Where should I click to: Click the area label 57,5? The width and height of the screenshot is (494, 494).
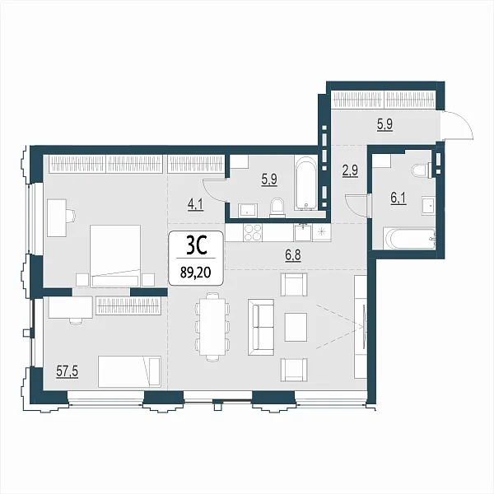coord(68,372)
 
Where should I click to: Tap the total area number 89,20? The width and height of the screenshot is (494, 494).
coord(196,272)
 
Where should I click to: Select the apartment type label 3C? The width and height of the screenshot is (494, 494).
coord(196,245)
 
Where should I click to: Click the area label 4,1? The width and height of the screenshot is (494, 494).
coord(195,205)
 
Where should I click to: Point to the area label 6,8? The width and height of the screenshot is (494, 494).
coord(293,255)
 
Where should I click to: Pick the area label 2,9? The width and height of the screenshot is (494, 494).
coord(350,170)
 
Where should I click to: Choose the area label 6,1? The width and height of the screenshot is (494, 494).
coord(398,198)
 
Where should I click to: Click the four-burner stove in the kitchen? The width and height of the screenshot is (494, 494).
coord(253,232)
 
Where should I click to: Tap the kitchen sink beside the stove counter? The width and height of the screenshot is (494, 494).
coord(303,232)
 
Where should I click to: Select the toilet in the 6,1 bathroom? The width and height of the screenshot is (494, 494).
coord(423,170)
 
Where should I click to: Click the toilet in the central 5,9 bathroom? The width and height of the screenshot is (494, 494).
coord(277,208)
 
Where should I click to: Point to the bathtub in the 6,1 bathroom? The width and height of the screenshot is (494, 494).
coord(409,238)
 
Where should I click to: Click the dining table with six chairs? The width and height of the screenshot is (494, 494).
coord(212,327)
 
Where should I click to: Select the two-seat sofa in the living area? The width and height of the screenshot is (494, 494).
coord(260,328)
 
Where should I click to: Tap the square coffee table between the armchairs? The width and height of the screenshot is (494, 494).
coord(296,327)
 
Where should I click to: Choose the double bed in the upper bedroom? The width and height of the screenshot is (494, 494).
coord(115,255)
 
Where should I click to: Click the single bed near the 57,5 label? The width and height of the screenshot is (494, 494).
coord(129,372)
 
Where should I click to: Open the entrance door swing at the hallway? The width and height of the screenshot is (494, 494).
coord(457,125)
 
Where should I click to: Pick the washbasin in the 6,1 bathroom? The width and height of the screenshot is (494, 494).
coord(428,206)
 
